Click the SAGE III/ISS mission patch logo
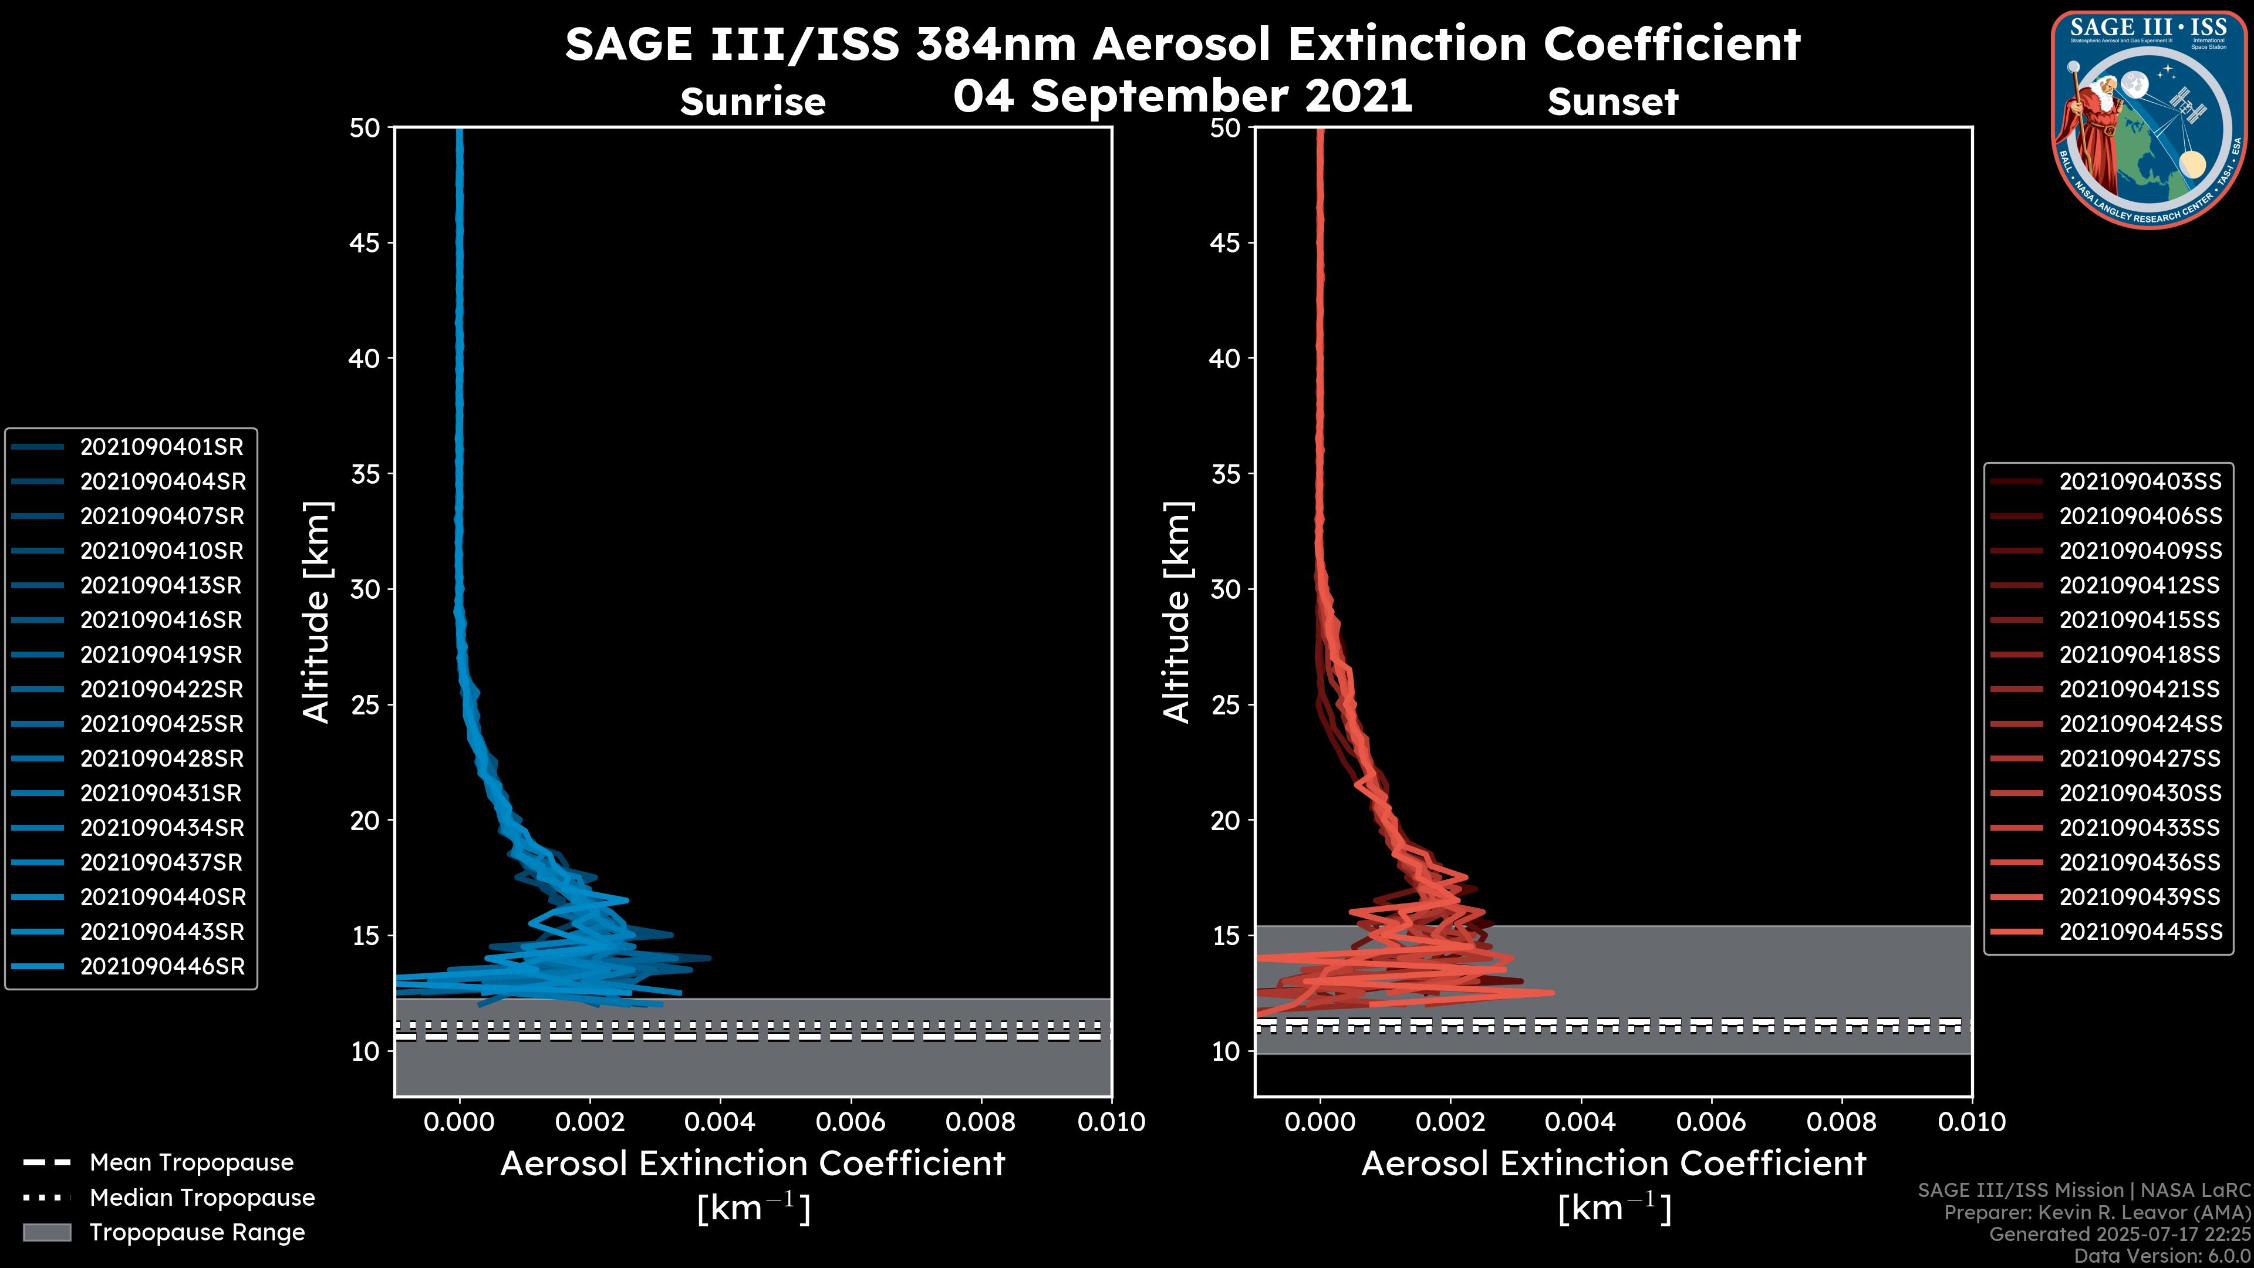click(2148, 119)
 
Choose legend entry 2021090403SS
click(2140, 481)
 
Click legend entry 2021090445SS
click(2140, 932)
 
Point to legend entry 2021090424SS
click(2140, 724)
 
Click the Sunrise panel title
click(753, 102)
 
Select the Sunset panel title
click(1612, 102)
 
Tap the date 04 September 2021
click(1182, 96)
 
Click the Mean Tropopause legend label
click(191, 1163)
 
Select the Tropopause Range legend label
click(197, 1232)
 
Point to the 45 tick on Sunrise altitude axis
click(365, 243)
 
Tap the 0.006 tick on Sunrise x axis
click(851, 1122)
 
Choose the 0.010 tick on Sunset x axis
click(1972, 1122)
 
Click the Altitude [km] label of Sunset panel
click(1177, 612)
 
